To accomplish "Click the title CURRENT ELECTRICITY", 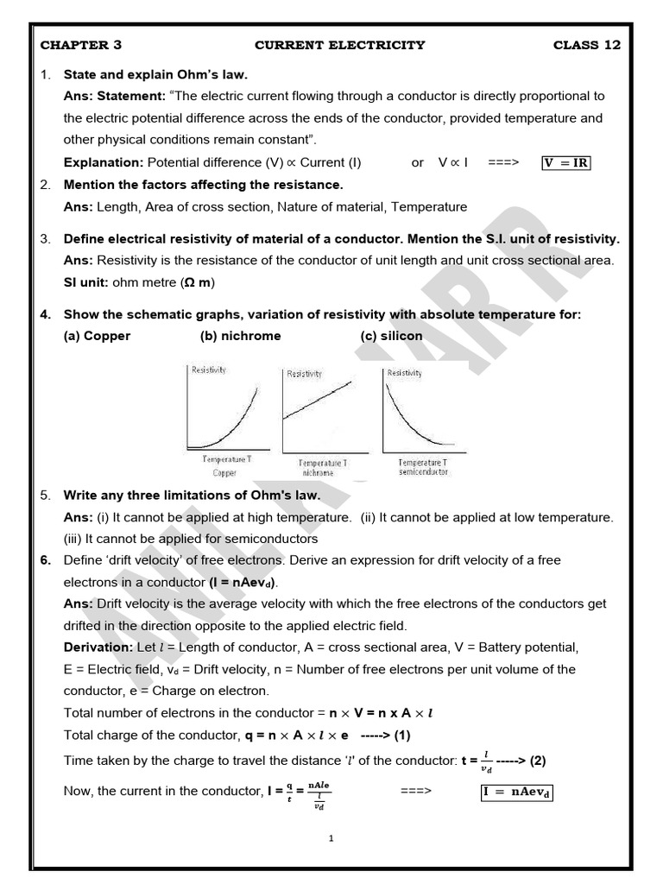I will click(x=340, y=45).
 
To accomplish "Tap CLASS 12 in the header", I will click(x=586, y=45).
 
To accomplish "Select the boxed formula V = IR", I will click(x=566, y=162).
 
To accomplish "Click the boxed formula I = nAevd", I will click(x=515, y=791).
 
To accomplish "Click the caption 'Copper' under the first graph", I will click(x=224, y=473).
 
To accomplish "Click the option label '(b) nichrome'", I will click(x=240, y=336).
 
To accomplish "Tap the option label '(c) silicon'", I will click(x=392, y=336).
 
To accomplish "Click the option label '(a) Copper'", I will click(x=97, y=336).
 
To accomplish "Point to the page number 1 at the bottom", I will click(x=332, y=838).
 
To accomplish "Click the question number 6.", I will click(x=46, y=560).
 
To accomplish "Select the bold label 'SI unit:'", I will click(x=87, y=282).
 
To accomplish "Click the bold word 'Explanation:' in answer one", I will click(x=104, y=162).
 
